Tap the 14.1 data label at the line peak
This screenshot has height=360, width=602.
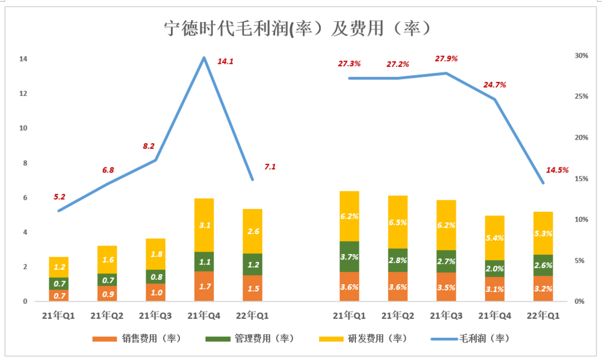(x=225, y=61)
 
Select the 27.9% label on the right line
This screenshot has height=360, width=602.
(x=447, y=58)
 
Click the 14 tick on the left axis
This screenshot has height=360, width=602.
(x=23, y=59)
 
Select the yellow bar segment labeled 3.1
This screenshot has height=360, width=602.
(x=203, y=225)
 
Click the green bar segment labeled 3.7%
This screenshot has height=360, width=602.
(x=349, y=256)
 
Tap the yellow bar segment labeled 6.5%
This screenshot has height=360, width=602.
(x=398, y=222)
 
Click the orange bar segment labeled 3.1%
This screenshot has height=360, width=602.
(x=495, y=289)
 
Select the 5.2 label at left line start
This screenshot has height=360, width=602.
(x=60, y=196)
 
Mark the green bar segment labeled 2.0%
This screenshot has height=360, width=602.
(x=495, y=268)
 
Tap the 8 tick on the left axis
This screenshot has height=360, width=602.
(x=25, y=163)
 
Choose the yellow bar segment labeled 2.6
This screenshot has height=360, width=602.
(x=253, y=231)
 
